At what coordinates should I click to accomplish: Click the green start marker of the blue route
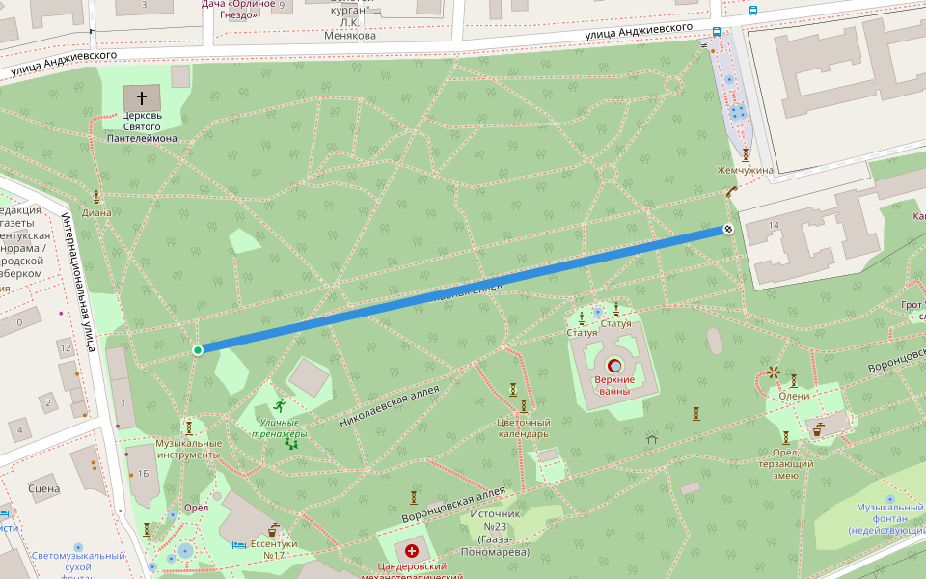click(198, 349)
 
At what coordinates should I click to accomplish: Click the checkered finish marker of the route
click(728, 230)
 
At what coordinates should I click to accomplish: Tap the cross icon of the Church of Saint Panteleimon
click(142, 97)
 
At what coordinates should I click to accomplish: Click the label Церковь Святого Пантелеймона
click(142, 126)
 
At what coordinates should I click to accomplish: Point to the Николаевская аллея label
click(389, 406)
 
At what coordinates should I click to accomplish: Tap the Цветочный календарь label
click(523, 427)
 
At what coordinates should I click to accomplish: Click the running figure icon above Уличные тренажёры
click(280, 405)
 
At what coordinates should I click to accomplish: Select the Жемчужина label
click(745, 171)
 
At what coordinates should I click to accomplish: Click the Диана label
click(96, 212)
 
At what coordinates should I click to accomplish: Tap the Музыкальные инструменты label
click(189, 449)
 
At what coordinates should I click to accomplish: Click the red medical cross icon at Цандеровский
click(412, 550)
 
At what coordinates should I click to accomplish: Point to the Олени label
click(794, 396)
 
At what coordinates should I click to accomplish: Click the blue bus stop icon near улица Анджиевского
click(717, 31)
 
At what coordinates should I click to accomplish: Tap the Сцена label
click(44, 488)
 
